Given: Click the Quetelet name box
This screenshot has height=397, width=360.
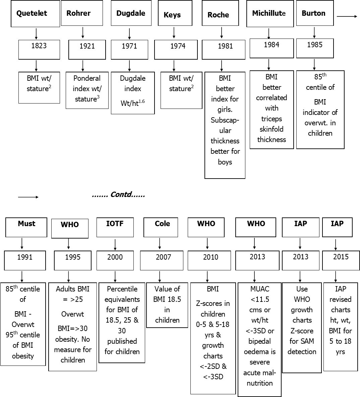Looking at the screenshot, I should click(x=35, y=13).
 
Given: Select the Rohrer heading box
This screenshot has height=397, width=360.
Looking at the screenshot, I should click(x=82, y=13).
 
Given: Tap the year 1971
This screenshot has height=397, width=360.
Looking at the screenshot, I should click(x=129, y=47).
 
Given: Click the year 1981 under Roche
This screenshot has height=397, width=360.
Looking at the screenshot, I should click(x=225, y=47).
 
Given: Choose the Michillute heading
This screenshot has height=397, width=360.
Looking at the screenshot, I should click(x=270, y=13).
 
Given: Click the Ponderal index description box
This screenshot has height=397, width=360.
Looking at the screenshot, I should click(x=87, y=89).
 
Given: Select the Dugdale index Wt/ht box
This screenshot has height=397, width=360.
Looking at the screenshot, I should click(x=133, y=92).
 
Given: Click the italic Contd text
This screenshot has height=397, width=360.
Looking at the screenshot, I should click(x=118, y=195).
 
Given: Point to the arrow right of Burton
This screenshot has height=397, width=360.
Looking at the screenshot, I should click(x=347, y=16).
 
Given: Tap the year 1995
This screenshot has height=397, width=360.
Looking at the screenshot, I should click(x=72, y=258).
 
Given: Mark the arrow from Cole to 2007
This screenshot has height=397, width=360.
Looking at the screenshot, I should click(x=160, y=243).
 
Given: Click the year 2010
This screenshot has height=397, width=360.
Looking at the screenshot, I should click(x=211, y=258).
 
